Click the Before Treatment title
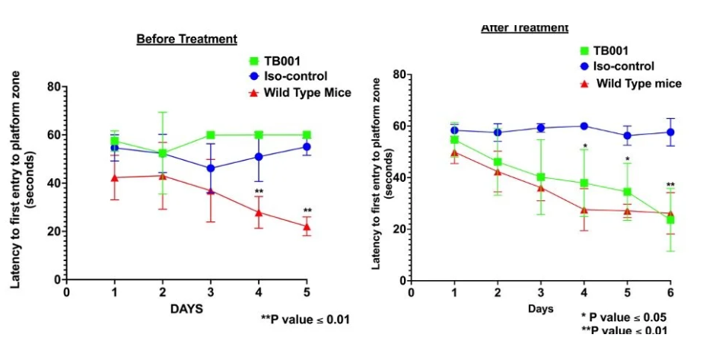coord(186,39)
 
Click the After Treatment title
coord(524,27)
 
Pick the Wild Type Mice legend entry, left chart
coord(300,93)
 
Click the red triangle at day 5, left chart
coord(307,226)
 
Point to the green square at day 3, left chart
coord(211,135)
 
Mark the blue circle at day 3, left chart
coord(211,168)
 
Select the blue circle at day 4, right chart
coord(584,126)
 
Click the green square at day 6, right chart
coord(670,220)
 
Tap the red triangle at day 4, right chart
coord(584,210)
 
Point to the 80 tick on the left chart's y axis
coord(53,86)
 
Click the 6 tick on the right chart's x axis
coord(670,292)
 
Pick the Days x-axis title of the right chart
coord(541,309)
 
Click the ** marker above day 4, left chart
coord(259,192)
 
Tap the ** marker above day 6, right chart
coord(670,185)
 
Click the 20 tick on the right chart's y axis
coord(399,230)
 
